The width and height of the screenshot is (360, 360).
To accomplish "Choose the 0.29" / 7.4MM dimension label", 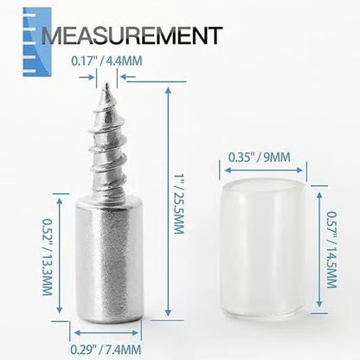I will click(x=107, y=348).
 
